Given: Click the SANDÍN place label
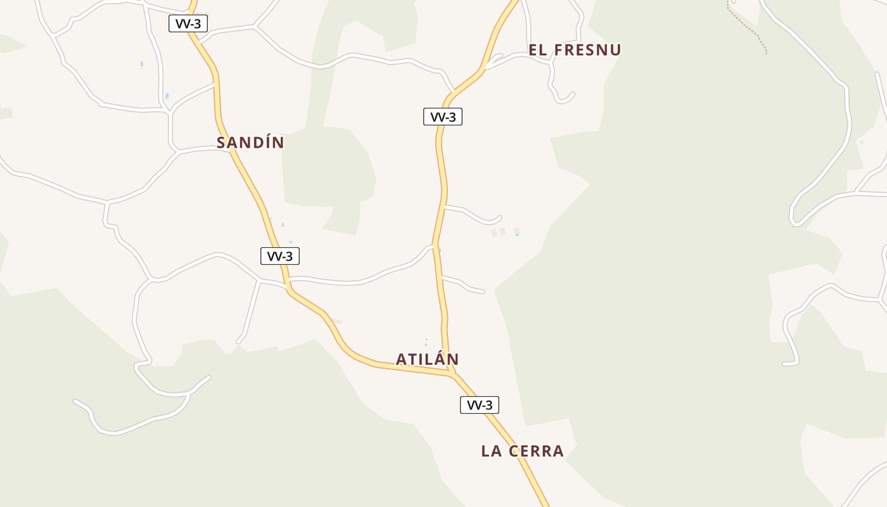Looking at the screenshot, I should [x=250, y=143].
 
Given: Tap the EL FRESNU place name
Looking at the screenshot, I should [x=575, y=50].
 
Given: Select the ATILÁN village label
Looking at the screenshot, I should [x=427, y=359].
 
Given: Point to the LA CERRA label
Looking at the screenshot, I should [x=522, y=451].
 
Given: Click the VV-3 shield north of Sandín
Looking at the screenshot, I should [x=188, y=24].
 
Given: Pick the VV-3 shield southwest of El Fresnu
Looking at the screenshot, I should [x=443, y=117].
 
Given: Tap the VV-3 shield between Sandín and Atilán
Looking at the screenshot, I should [x=280, y=256].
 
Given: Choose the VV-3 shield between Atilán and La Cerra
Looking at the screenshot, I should [x=480, y=405].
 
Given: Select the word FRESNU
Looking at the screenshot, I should [x=588, y=50].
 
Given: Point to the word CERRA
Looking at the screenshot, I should [x=537, y=451].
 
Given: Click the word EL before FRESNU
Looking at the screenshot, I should [x=538, y=50].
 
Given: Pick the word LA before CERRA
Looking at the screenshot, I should [x=492, y=451].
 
